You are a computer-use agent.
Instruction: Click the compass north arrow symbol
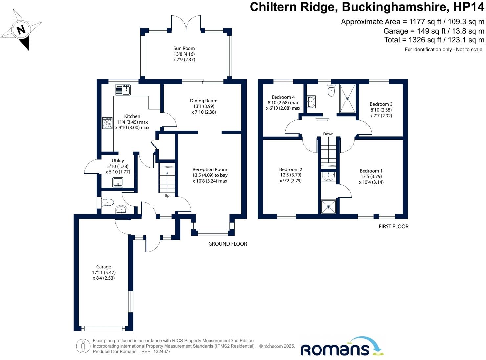coord(21,30)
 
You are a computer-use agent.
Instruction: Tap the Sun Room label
coord(184,48)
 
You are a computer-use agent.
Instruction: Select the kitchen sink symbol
coord(123,89)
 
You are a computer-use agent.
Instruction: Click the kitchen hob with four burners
coord(107,123)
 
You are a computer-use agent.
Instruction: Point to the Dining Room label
coord(204,101)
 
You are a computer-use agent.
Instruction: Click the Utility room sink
coord(118,182)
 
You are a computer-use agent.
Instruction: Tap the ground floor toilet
coord(108,202)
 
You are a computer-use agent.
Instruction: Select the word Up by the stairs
coord(167,196)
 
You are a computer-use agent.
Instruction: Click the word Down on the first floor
coord(328,134)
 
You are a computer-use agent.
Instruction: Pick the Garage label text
coord(103,267)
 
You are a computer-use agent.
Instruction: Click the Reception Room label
coord(210,170)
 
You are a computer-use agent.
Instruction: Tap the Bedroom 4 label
coord(283,97)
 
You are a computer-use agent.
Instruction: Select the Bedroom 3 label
coord(381,104)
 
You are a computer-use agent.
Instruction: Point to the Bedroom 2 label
coord(291,169)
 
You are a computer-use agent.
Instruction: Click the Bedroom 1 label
coord(371,171)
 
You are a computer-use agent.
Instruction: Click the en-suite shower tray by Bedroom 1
coord(328,207)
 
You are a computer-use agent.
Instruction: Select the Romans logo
coord(342,347)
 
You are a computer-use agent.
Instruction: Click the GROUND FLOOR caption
coord(228,244)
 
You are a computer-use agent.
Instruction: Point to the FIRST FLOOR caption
coord(393,226)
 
